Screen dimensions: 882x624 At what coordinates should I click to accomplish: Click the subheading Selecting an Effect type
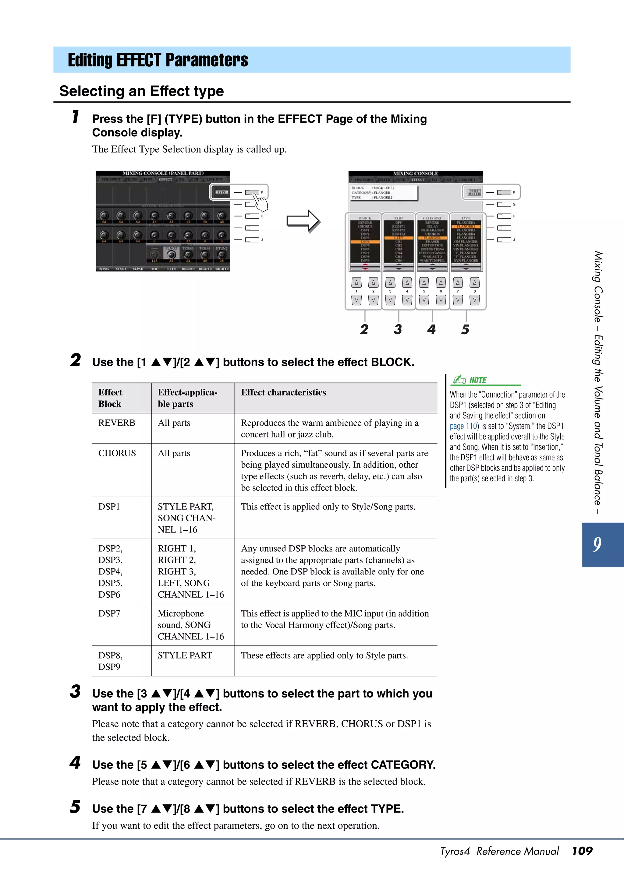click(x=141, y=91)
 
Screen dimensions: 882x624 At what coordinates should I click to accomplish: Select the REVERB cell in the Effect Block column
click(x=116, y=423)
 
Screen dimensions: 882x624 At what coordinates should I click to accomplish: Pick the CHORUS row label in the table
click(x=117, y=453)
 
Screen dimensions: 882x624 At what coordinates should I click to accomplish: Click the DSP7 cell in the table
click(x=109, y=613)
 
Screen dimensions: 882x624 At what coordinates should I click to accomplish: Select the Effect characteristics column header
click(x=283, y=392)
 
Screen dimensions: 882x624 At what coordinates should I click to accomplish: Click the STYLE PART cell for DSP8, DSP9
click(x=185, y=655)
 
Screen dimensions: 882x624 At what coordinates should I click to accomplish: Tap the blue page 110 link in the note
click(x=464, y=426)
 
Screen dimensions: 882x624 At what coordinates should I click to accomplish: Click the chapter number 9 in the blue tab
click(x=597, y=544)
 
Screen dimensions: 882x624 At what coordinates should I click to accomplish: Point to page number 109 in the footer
click(x=582, y=851)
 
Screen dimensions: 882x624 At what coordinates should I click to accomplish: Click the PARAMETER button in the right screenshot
click(x=474, y=192)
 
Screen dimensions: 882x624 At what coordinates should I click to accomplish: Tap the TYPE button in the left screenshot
click(x=222, y=192)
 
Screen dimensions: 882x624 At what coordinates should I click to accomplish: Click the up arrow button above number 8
click(x=474, y=283)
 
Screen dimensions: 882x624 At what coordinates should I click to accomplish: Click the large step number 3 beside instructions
click(x=75, y=692)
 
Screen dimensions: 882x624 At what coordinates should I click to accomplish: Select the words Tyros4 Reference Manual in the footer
click(x=499, y=851)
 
